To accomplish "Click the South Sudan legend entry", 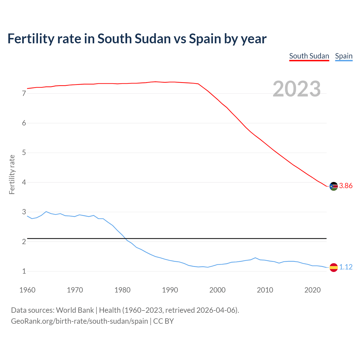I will pos(309,56).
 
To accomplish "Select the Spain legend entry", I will pos(344,56).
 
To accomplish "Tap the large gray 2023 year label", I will pos(296,89).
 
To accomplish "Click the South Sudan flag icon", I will pos(334,186).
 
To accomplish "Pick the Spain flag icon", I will pos(334,267).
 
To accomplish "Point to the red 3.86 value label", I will pos(346,186).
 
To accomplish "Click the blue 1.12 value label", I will pos(346,267).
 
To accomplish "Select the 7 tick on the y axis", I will pos(24,93).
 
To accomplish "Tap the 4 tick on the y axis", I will pos(24,183).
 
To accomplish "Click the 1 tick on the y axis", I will pos(24,271).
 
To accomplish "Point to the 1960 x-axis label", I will pos(27,290).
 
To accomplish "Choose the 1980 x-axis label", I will pos(122,290).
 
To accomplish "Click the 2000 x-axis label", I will pos(217,290).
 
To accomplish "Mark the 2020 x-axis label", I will pos(312,290).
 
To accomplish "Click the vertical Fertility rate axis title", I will pos(12,174).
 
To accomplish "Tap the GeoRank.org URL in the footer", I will pos(79,321).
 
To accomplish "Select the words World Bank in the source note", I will pos(75,310).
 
